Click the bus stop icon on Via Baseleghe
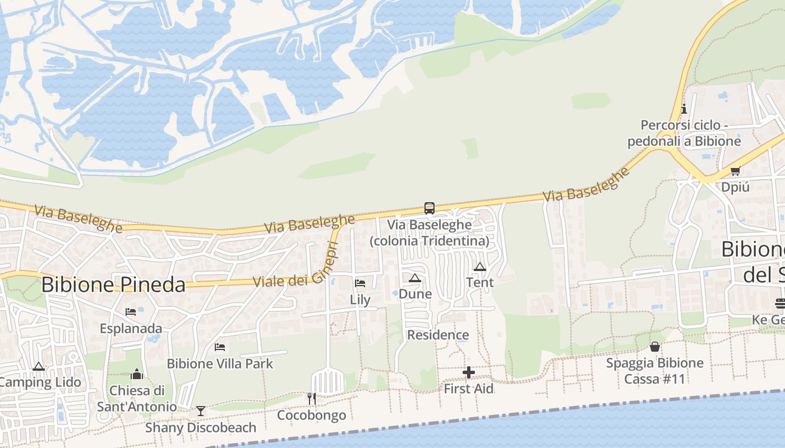pyautogui.click(x=430, y=208)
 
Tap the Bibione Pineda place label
pyautogui.click(x=113, y=284)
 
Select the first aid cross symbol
pyautogui.click(x=469, y=372)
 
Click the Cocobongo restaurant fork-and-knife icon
pyautogui.click(x=312, y=398)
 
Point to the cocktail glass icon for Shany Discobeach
pyautogui.click(x=200, y=411)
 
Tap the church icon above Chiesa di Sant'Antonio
pyautogui.click(x=137, y=374)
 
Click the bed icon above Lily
pyautogui.click(x=360, y=283)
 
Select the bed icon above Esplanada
pyautogui.click(x=131, y=312)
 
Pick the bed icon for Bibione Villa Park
pyautogui.click(x=220, y=347)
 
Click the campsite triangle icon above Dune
pyautogui.click(x=415, y=278)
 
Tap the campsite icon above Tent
pyautogui.click(x=479, y=267)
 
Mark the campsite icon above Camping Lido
pyautogui.click(x=38, y=367)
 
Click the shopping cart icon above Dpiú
pyautogui.click(x=735, y=171)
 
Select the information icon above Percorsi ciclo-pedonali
pyautogui.click(x=684, y=109)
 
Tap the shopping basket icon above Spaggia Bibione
pyautogui.click(x=654, y=347)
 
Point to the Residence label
pyautogui.click(x=438, y=335)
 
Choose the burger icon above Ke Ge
pyautogui.click(x=780, y=303)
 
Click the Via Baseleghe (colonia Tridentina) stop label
pyautogui.click(x=430, y=233)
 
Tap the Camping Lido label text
pyautogui.click(x=40, y=382)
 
